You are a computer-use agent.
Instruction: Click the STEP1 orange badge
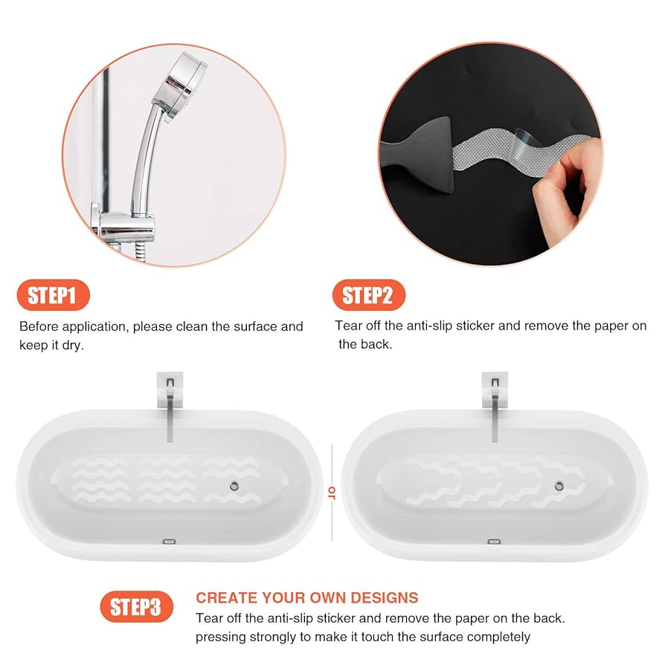(52, 295)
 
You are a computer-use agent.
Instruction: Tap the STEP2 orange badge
(368, 295)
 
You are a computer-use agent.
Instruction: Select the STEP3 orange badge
(135, 606)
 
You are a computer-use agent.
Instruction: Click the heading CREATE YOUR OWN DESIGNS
(306, 598)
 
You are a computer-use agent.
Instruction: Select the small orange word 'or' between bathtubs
(332, 490)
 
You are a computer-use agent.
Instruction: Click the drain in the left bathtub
(234, 484)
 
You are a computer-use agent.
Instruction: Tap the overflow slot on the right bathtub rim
(492, 542)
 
